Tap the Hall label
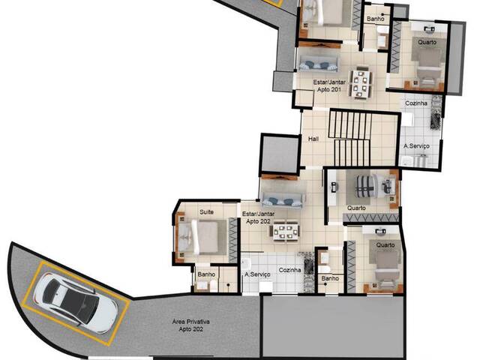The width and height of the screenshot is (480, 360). click(x=313, y=139)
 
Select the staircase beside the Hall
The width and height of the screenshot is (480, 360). click(x=352, y=138)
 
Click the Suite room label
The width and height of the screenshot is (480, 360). click(x=206, y=212)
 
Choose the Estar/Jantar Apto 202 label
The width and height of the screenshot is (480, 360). click(x=257, y=217)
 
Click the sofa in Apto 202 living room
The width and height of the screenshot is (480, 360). click(x=283, y=199)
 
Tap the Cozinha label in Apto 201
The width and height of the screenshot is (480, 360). click(x=417, y=103)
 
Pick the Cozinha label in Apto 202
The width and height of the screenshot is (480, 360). click(x=290, y=270)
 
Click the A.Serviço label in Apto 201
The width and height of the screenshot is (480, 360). click(x=416, y=146)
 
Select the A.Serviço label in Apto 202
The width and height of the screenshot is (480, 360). click(x=257, y=274)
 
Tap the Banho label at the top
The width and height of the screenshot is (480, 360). click(x=375, y=19)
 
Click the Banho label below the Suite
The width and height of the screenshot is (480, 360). click(x=206, y=274)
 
